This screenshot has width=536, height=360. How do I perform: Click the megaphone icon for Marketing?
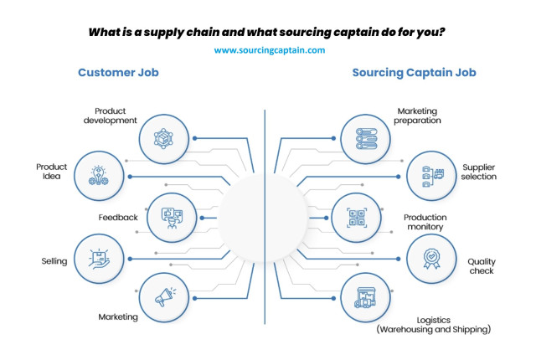click(166, 297)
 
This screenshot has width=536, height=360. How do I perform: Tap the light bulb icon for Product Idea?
click(99, 176)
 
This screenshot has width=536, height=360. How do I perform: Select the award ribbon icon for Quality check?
click(431, 259)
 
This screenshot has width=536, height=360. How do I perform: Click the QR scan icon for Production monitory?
click(357, 218)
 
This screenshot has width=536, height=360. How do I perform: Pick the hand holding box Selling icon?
click(99, 259)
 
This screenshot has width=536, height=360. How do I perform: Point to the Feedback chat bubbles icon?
click(172, 218)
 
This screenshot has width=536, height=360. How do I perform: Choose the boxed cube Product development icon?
click(163, 139)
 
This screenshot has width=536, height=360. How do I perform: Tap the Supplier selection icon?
click(432, 177)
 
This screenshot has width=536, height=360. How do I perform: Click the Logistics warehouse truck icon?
click(365, 297)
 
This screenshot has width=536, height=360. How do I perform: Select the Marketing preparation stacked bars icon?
click(366, 139)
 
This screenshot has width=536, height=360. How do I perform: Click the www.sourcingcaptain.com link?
click(270, 50)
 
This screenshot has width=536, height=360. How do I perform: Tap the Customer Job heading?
click(118, 72)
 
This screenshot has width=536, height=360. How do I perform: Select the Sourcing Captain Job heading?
click(414, 72)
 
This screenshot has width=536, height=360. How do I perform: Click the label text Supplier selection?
click(478, 172)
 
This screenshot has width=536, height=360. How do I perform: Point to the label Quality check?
click(482, 266)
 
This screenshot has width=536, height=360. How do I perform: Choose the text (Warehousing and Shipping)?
click(434, 329)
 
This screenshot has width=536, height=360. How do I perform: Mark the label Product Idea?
click(52, 172)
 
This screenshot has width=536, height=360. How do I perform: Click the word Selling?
click(54, 261)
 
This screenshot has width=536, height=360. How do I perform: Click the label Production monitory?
click(425, 222)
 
